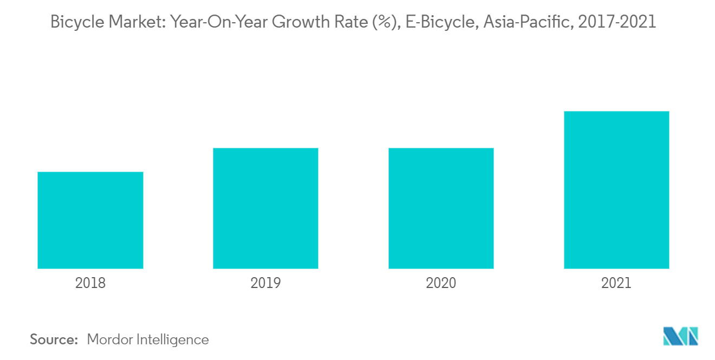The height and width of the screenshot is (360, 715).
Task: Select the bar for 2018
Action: click(x=90, y=220)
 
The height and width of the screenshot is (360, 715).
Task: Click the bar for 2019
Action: click(x=265, y=208)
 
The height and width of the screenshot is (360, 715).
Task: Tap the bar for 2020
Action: click(x=441, y=208)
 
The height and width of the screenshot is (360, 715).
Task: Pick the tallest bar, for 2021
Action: click(x=616, y=189)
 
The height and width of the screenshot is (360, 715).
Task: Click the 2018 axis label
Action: click(x=90, y=283)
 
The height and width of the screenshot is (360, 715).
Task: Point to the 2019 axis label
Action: click(x=265, y=283)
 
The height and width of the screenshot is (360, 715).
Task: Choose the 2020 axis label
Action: click(x=441, y=283)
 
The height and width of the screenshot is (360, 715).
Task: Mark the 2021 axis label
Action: click(x=616, y=283)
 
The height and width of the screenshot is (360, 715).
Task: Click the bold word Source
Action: click(x=54, y=339)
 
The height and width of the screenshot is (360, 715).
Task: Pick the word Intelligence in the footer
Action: click(x=174, y=339)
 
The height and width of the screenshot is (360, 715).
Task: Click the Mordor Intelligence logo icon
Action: click(x=680, y=337)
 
